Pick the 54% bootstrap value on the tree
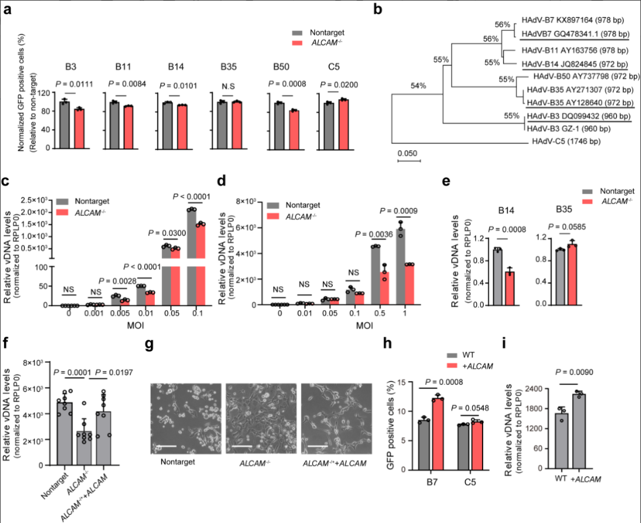418,86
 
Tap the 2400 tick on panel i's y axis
533,389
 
